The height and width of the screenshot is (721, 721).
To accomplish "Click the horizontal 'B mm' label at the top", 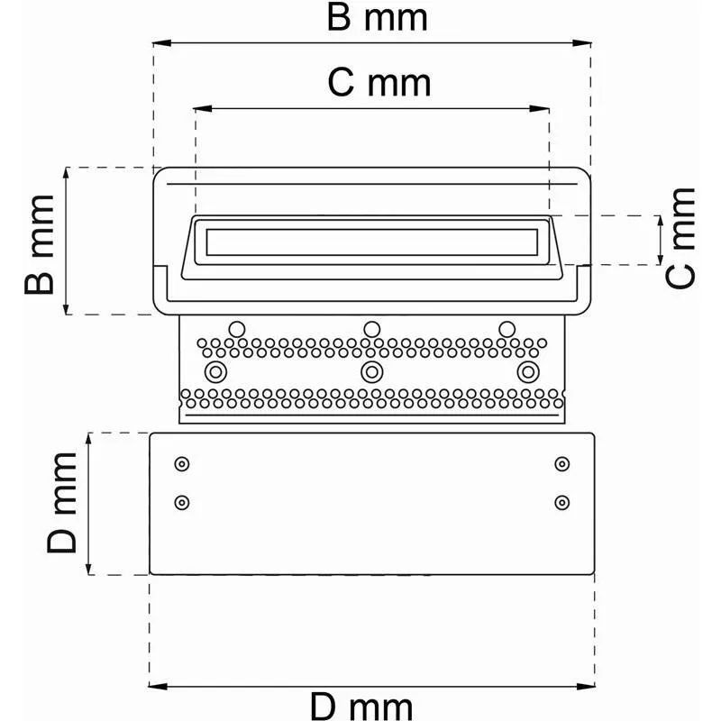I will [x=376, y=18].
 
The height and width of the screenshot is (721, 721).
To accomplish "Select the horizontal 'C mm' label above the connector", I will [x=379, y=83].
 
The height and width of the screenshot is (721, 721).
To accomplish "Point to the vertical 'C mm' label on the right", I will [x=682, y=239].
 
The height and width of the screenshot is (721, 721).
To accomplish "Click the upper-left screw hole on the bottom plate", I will [x=182, y=464].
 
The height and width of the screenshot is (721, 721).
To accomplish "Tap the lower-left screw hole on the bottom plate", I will [x=182, y=502].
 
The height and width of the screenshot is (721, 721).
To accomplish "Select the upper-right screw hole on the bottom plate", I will [x=562, y=464].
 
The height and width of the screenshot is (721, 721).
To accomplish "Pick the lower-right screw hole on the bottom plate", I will [x=562, y=502].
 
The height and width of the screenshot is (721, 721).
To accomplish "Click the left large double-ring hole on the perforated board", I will [x=214, y=371].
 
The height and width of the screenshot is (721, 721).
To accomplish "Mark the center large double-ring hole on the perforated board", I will [x=371, y=371].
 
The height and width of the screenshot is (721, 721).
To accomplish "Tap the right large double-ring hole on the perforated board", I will [x=526, y=371].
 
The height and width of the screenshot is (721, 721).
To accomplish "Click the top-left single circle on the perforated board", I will [x=237, y=328].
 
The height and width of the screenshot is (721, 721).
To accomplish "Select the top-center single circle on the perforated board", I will [x=370, y=328].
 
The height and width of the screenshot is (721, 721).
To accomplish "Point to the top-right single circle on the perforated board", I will [x=507, y=328].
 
